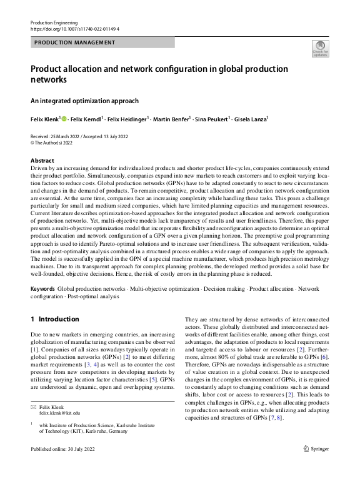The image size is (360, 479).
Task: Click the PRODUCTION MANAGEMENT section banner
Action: click(x=74, y=43)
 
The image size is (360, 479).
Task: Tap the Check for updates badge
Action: click(x=320, y=49)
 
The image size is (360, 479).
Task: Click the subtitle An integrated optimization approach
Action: click(x=84, y=101)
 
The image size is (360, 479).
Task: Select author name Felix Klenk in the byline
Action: click(x=44, y=119)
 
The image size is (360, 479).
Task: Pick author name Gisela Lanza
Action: click(x=249, y=119)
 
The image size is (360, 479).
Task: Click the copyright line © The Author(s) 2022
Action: click(x=52, y=143)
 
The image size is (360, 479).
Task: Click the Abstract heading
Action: click(x=42, y=161)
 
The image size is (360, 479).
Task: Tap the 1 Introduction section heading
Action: click(x=55, y=319)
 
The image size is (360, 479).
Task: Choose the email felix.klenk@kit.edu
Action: click(x=59, y=413)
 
